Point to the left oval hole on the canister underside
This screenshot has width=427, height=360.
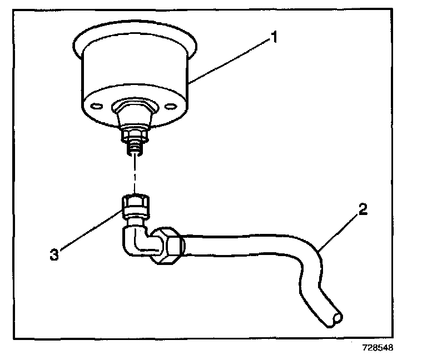point(95,106)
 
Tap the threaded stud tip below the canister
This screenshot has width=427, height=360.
point(134,148)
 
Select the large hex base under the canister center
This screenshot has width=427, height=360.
point(134,109)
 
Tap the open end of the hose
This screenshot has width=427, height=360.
point(336,318)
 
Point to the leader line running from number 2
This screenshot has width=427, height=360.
point(339,231)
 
